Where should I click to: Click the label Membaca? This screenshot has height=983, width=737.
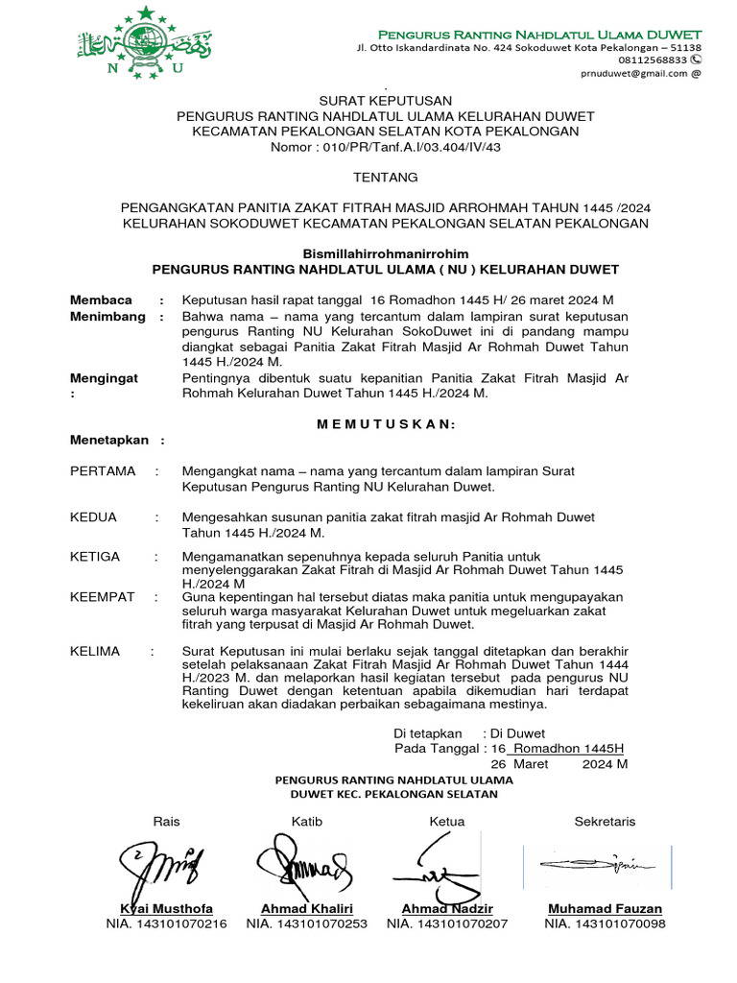coord(101,300)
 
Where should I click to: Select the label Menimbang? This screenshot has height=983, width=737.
coord(107,316)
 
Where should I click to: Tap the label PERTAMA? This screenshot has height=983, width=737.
coord(103,471)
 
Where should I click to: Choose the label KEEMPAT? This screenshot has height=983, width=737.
coord(103,597)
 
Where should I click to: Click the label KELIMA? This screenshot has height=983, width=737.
coord(95,651)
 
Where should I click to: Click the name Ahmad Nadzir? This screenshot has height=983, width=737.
coord(447,909)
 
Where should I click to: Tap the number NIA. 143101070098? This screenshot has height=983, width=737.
coord(605,924)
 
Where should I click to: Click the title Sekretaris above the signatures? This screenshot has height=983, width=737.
coord(605,822)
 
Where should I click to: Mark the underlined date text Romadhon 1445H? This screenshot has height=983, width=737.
coord(568,748)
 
